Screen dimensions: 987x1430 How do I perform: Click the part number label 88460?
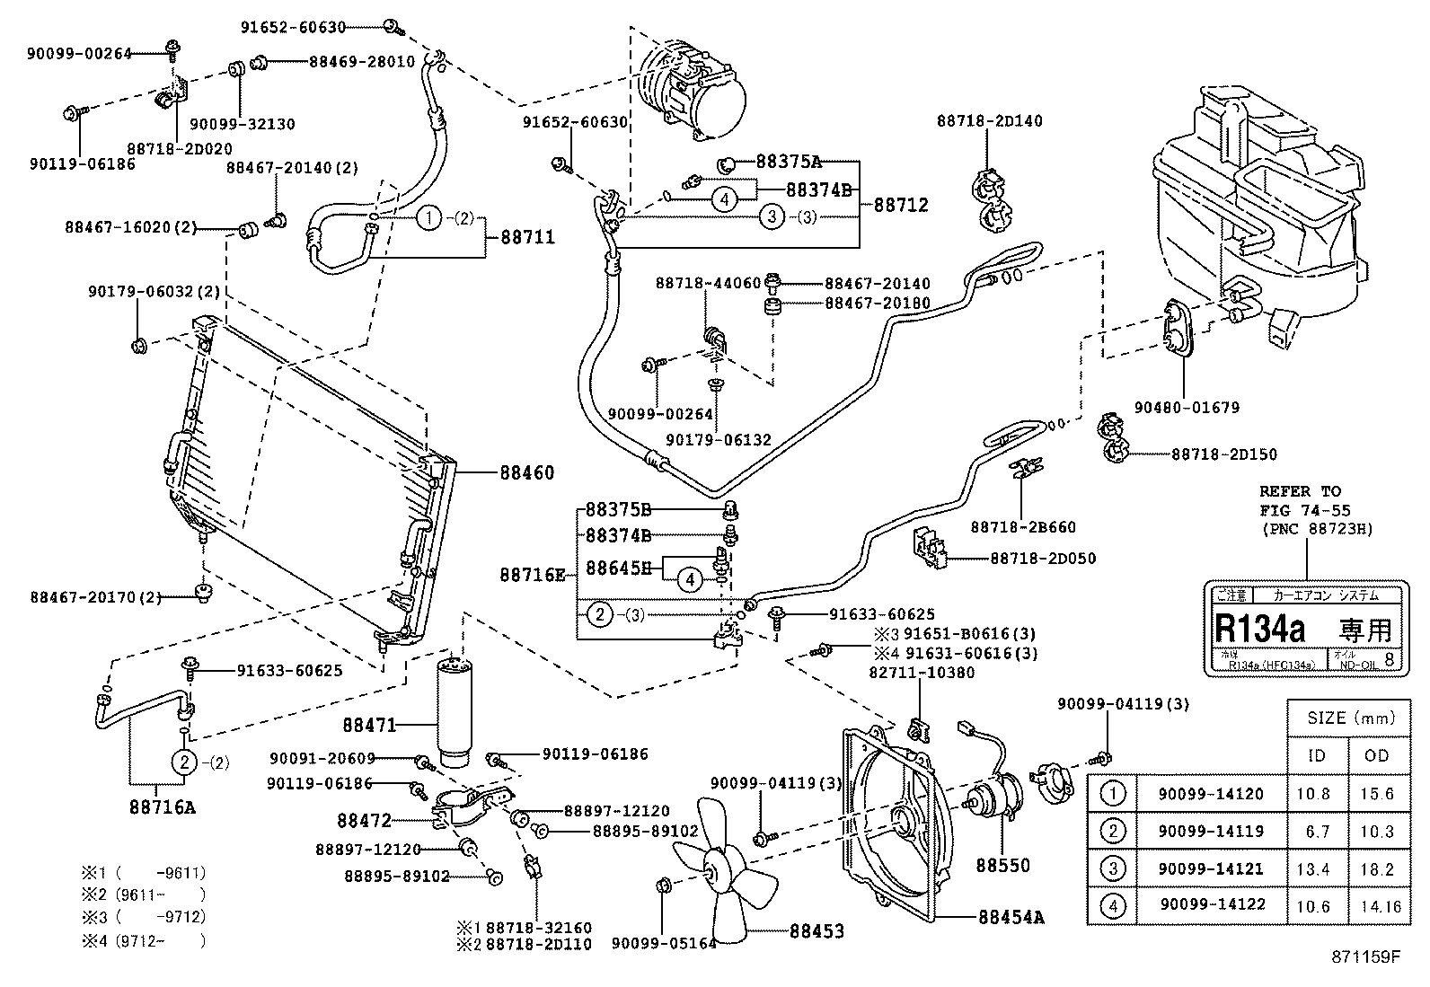click(526, 472)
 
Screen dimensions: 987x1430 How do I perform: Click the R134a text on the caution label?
click(1259, 628)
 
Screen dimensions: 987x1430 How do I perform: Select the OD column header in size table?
click(1376, 755)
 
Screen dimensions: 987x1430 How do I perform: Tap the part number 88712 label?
click(901, 205)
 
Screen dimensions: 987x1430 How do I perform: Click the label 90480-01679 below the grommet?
click(1186, 408)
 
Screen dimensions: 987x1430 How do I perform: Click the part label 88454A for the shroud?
click(1012, 917)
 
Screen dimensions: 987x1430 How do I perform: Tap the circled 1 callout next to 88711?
click(430, 217)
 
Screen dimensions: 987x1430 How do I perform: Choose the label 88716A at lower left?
click(161, 806)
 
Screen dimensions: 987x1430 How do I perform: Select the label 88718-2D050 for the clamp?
click(1043, 558)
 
